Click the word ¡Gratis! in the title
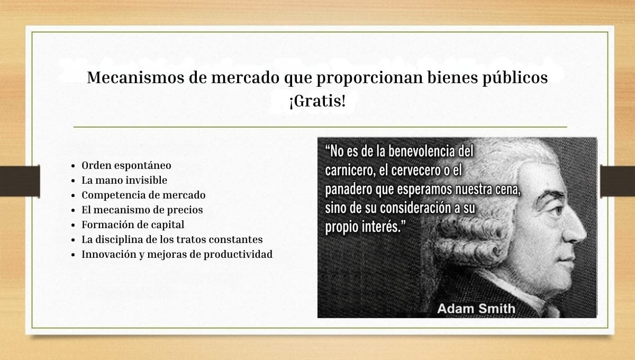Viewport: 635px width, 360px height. pos(317,101)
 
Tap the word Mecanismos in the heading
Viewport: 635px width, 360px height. pos(135,77)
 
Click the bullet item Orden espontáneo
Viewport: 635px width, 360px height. pos(126,165)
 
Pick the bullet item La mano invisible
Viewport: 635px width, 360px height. pos(124,180)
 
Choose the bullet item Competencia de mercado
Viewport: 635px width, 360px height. pos(143,195)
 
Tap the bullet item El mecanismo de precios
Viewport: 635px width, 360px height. pos(142,210)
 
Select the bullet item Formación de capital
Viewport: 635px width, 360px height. pos(133,224)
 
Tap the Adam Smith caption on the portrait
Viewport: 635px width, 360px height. pos(476,309)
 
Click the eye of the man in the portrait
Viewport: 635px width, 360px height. pos(558,211)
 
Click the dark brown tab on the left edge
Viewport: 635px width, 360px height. pos(20,181)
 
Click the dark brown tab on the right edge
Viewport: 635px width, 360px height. pos(618,181)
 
